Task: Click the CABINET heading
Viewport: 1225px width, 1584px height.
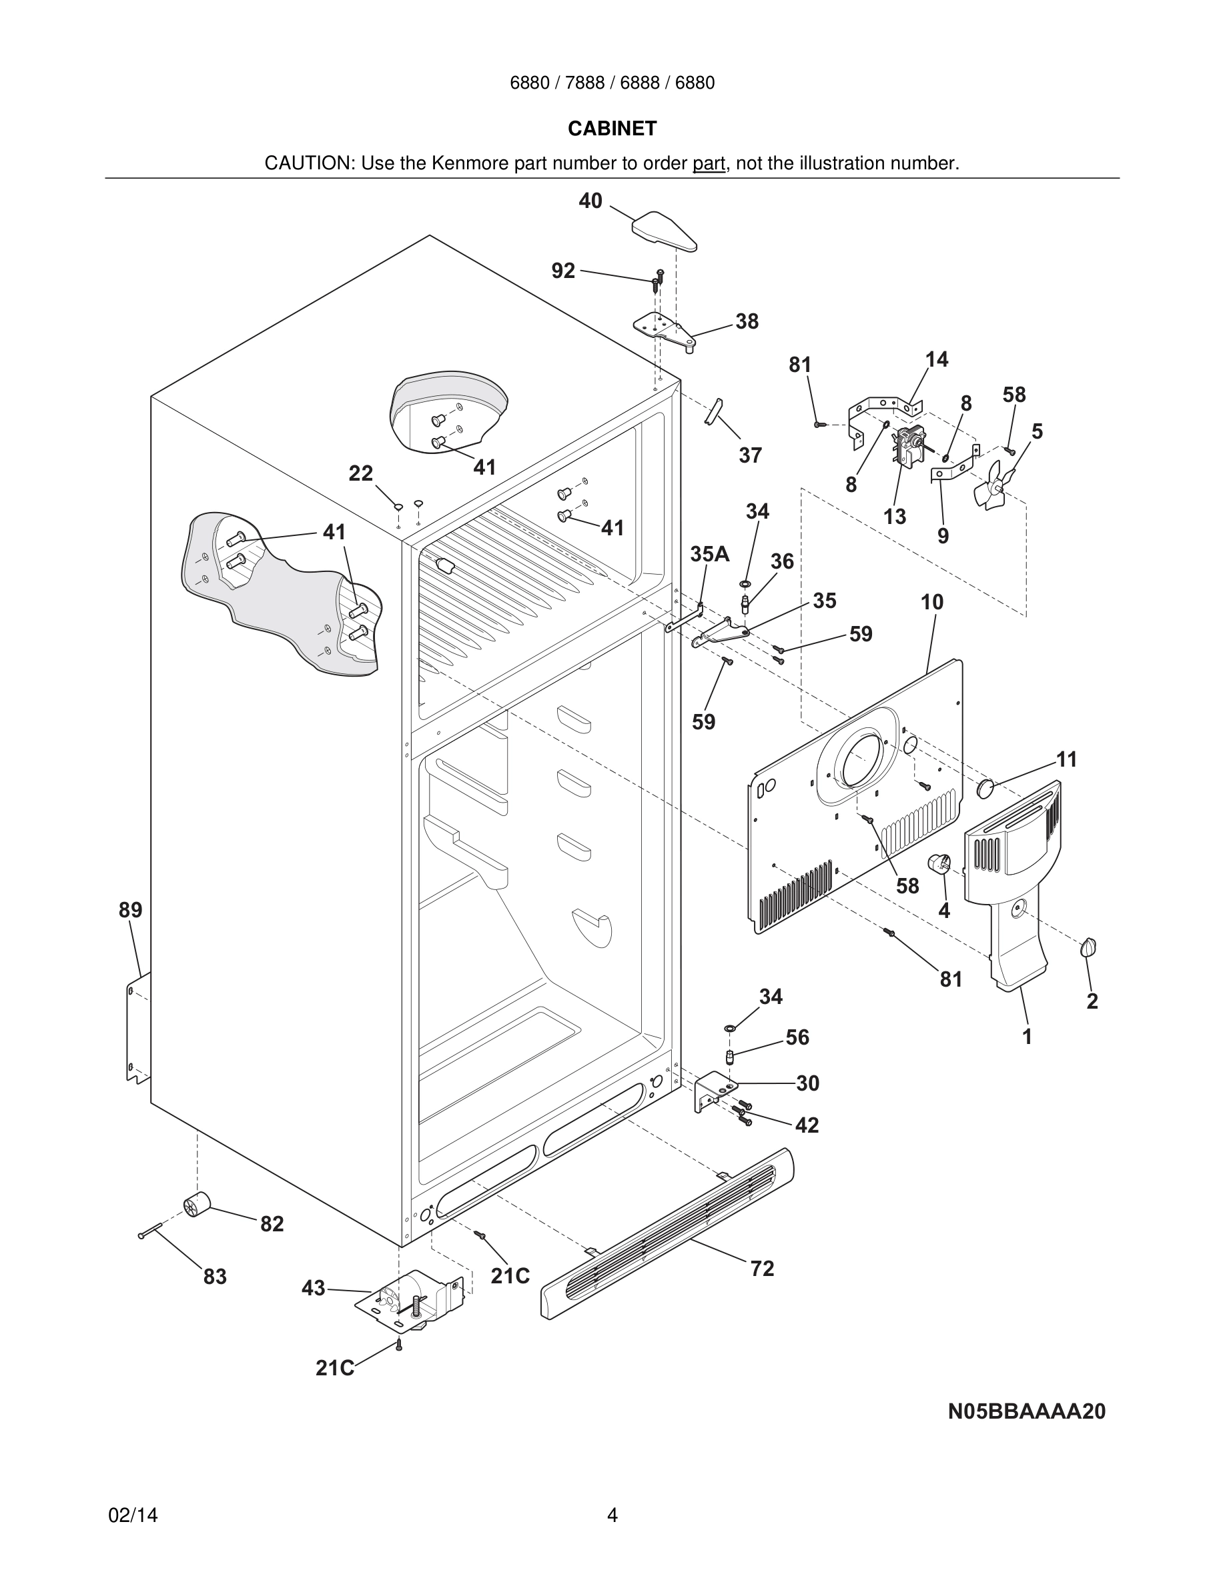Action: point(612,129)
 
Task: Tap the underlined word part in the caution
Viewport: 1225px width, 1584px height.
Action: point(709,164)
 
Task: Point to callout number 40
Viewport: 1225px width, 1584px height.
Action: point(590,201)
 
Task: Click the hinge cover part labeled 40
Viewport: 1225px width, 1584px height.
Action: point(664,230)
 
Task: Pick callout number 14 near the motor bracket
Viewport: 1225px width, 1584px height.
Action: point(936,360)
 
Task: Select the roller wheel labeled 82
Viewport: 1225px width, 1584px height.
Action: point(196,1205)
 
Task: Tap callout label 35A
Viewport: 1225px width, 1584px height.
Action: point(709,554)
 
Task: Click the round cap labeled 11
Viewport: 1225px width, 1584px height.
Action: point(985,789)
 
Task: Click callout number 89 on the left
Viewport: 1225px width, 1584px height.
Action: point(131,909)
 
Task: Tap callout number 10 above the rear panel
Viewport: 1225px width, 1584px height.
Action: point(932,602)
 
